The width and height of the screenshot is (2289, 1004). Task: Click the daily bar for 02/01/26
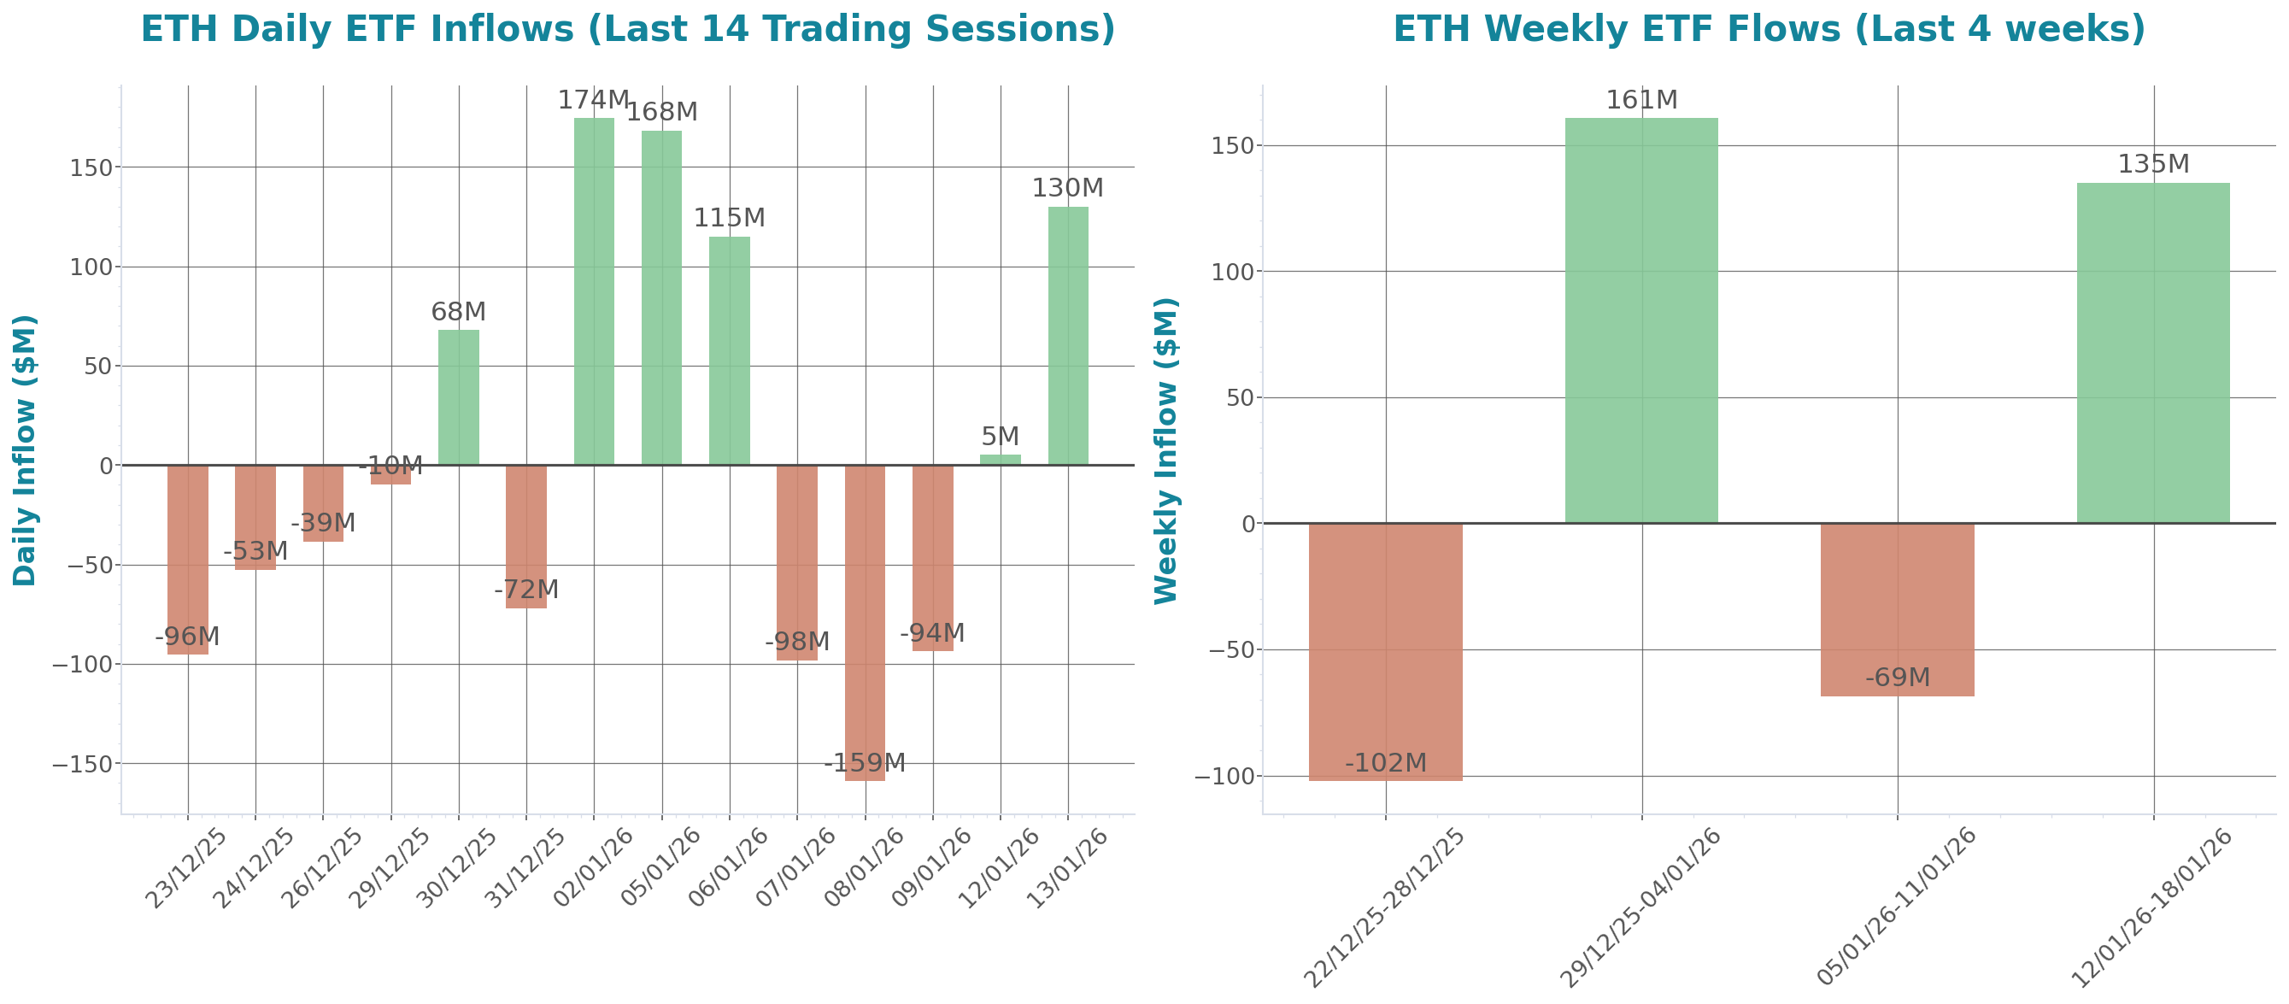click(594, 293)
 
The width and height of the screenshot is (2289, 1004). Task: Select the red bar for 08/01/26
click(865, 622)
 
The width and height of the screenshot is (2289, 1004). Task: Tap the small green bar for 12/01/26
click(1001, 460)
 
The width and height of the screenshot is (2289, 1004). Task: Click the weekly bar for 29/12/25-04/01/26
click(1641, 320)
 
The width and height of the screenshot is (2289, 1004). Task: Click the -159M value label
click(865, 763)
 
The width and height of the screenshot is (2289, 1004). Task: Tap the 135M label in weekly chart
click(2153, 164)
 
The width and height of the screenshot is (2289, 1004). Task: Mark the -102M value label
click(1385, 763)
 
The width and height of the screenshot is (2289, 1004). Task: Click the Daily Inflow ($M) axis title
click(24, 449)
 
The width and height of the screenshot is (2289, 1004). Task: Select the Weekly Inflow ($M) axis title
click(1165, 449)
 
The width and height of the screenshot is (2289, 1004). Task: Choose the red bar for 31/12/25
click(526, 537)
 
